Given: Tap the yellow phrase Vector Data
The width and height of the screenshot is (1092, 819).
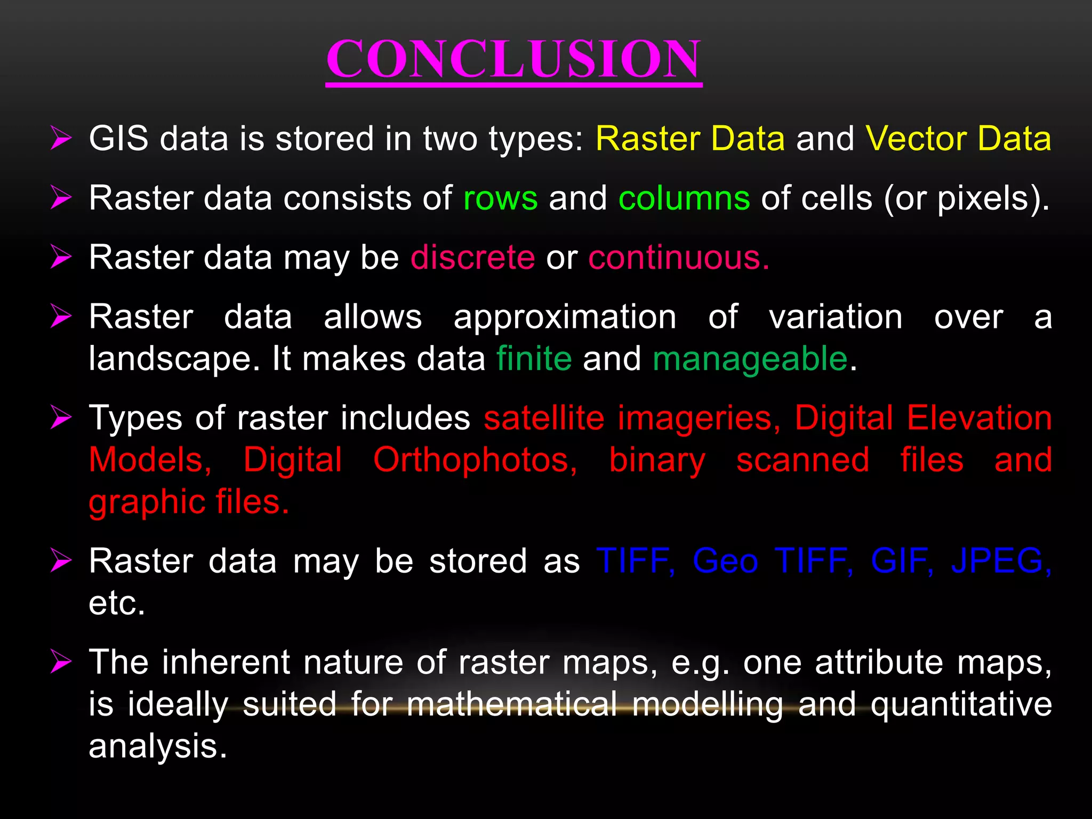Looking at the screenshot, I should pos(958,139).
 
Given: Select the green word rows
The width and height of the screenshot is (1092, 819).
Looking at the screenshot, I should pos(500,198).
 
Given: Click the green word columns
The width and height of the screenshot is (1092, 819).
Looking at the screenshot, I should pos(684,198).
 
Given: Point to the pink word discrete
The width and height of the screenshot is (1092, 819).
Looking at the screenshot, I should pos(472,258).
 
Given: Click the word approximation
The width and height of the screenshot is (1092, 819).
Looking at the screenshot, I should pos(565,317).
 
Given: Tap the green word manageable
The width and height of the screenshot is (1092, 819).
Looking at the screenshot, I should pos(750,359).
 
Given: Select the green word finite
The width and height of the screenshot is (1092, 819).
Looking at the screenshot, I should pos(534,358).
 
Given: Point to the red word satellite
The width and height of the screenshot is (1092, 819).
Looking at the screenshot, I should pos(544,417).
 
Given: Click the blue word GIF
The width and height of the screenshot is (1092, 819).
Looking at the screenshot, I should pos(901,561).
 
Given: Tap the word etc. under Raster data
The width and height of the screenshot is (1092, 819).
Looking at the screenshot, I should pos(116,604).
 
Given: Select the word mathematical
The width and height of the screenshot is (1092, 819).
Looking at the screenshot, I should pos(511,704).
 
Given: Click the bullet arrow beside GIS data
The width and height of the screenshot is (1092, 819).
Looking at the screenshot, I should pos(61,139).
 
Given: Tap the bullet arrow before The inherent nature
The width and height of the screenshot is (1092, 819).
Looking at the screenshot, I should pos(61,663).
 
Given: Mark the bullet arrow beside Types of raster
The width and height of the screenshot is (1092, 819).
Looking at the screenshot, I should pos(61,417).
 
